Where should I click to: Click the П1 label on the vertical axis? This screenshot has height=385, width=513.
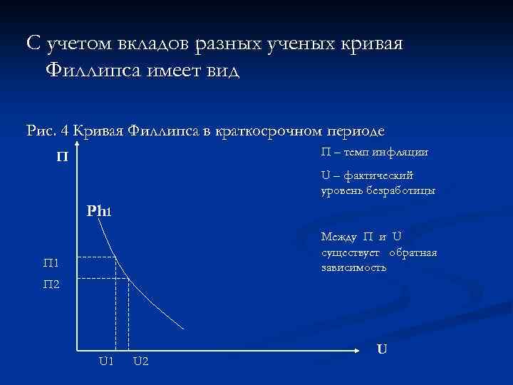coord(51,264)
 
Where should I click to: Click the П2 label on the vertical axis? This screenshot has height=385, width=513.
coord(51,284)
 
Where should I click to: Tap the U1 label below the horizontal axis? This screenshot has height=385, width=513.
coord(106,361)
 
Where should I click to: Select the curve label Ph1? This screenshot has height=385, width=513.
coord(99,210)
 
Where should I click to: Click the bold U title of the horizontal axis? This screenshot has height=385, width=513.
coord(382,349)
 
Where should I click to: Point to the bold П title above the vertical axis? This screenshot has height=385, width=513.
coord(63,155)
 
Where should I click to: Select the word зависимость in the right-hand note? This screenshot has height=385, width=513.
coord(353,267)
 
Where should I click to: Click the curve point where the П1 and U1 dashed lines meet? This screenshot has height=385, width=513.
coord(115,257)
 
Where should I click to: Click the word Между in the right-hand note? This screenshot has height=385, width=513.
coord(339,237)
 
